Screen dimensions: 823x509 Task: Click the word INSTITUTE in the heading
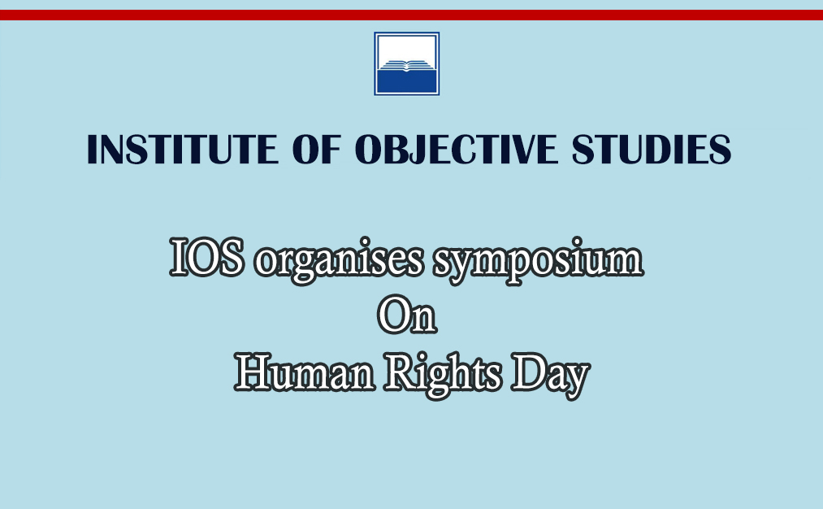click(x=183, y=149)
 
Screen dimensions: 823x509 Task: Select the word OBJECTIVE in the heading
click(x=456, y=149)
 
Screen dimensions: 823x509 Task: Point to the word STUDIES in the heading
click(x=652, y=149)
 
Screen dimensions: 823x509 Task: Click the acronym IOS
click(x=207, y=258)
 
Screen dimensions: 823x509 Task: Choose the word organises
click(x=339, y=261)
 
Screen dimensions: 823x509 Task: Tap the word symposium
click(x=538, y=261)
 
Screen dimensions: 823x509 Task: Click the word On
click(x=407, y=315)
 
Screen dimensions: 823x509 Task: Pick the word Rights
click(x=443, y=375)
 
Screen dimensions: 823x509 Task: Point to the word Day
click(x=551, y=375)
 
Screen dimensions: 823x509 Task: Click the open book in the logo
click(x=407, y=66)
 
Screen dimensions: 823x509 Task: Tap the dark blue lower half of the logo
click(x=407, y=82)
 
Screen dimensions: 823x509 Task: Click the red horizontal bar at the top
click(x=411, y=15)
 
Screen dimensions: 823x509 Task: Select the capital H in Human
click(x=253, y=372)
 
